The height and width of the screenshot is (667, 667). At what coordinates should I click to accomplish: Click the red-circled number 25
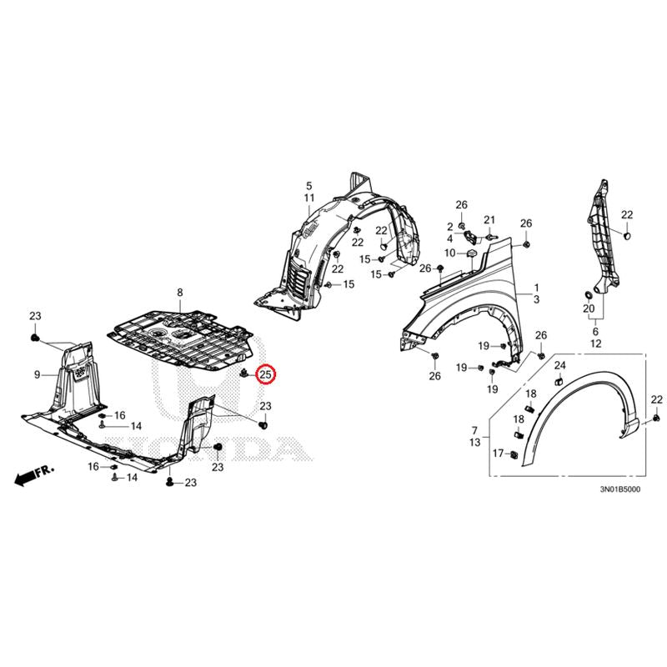pyautogui.click(x=266, y=374)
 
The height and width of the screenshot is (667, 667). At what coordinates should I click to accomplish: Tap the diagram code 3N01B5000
pyautogui.click(x=619, y=489)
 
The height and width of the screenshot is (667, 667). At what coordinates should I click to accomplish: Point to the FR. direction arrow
pyautogui.click(x=34, y=474)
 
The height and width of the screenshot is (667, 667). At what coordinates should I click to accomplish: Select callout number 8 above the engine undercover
pyautogui.click(x=180, y=293)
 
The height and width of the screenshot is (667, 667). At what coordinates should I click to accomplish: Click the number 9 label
pyautogui.click(x=38, y=374)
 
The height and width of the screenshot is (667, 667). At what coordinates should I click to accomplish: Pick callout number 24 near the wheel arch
pyautogui.click(x=559, y=365)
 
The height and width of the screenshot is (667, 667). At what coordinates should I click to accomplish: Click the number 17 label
pyautogui.click(x=498, y=454)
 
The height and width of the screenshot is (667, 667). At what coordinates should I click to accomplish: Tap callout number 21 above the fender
pyautogui.click(x=489, y=220)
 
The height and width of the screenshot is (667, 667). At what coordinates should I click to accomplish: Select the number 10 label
pyautogui.click(x=450, y=253)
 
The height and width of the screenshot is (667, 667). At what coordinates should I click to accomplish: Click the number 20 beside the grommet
pyautogui.click(x=589, y=308)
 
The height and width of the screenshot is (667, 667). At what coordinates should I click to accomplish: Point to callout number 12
pyautogui.click(x=596, y=344)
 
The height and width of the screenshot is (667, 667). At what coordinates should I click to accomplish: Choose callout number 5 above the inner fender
pyautogui.click(x=308, y=185)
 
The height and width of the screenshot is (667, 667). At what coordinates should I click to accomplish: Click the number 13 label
pyautogui.click(x=475, y=443)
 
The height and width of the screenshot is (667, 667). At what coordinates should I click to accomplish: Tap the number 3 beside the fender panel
pyautogui.click(x=536, y=299)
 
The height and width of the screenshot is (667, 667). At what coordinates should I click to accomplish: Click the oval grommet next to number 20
pyautogui.click(x=589, y=295)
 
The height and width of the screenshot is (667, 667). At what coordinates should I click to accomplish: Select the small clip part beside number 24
pyautogui.click(x=559, y=380)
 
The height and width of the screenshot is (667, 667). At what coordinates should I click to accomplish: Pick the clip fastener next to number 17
pyautogui.click(x=514, y=454)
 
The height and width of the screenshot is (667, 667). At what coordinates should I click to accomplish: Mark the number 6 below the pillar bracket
pyautogui.click(x=595, y=331)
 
